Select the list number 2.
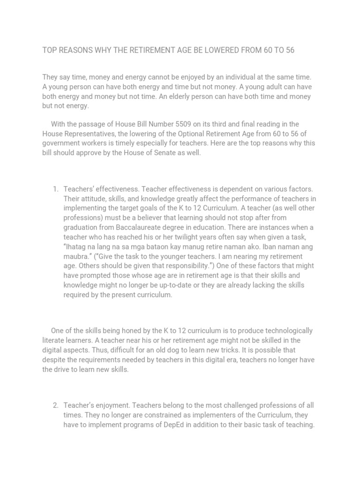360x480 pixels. point(55,405)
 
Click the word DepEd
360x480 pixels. point(189,425)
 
